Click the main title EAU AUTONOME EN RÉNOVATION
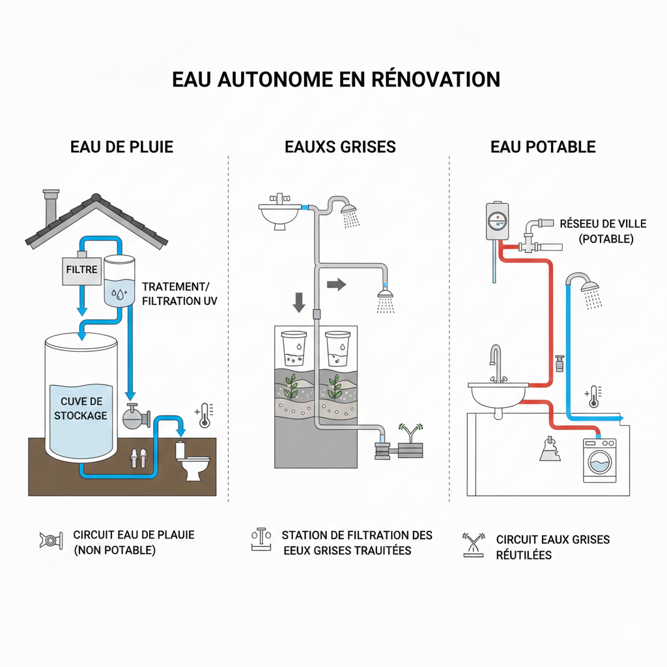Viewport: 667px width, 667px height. click(x=336, y=79)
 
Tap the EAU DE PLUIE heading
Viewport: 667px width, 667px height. click(x=121, y=147)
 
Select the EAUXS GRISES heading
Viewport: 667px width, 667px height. click(x=340, y=147)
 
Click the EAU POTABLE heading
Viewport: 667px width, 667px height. click(x=543, y=147)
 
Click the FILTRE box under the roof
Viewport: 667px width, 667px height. click(x=81, y=269)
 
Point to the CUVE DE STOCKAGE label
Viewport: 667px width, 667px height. click(x=81, y=408)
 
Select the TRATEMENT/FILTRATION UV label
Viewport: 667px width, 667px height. click(x=180, y=294)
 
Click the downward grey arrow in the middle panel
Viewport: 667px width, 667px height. click(x=299, y=302)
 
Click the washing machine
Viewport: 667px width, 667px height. click(x=599, y=460)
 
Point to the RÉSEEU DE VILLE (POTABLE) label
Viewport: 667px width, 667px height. click(x=603, y=231)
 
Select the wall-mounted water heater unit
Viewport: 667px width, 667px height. click(x=497, y=221)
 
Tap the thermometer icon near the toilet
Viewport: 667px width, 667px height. click(x=204, y=415)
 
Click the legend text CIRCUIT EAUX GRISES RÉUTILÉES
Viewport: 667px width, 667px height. click(x=552, y=547)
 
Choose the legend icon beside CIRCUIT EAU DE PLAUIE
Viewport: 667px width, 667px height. click(x=51, y=541)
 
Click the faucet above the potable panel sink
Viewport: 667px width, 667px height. click(x=496, y=362)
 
